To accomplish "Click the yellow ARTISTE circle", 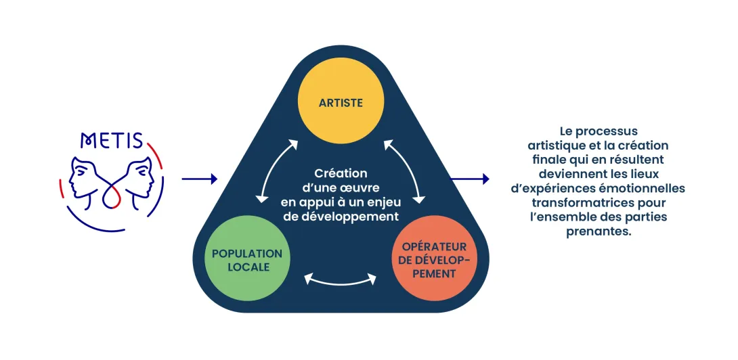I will coord(341,104).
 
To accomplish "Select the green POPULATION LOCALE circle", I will coord(247,259).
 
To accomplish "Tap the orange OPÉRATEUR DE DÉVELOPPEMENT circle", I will coord(434,259).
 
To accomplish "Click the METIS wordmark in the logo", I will coord(112,140).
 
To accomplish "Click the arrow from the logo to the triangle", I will coord(200,179).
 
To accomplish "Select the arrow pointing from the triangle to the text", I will coord(470,179).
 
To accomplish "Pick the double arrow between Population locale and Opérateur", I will coord(341,278).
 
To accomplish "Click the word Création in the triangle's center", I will coord(341,174).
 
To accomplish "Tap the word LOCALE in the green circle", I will coord(247,267).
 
